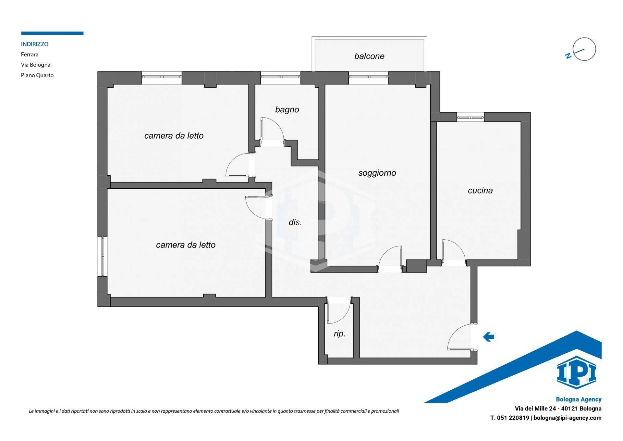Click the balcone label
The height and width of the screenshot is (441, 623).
click(x=369, y=56)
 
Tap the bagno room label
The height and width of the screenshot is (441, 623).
click(x=287, y=110)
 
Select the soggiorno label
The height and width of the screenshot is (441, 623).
click(x=377, y=173)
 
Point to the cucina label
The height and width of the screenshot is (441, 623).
click(x=480, y=190)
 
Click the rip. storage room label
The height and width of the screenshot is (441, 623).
click(x=339, y=334)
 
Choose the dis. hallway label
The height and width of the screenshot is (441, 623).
click(x=295, y=222)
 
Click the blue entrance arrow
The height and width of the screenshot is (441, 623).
click(x=489, y=337)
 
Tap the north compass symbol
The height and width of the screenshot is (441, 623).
click(x=580, y=50)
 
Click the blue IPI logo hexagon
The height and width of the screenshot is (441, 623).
click(x=577, y=372)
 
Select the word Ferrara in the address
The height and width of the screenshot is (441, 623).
click(x=30, y=54)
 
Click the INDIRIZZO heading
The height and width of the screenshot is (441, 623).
click(x=35, y=44)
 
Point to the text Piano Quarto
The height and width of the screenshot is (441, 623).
click(x=37, y=75)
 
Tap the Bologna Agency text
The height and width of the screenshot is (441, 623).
click(x=579, y=399)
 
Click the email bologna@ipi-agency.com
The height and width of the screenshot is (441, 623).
click(x=568, y=418)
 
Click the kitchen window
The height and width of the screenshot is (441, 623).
click(x=470, y=117)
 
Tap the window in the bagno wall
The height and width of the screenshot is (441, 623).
click(x=281, y=78)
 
